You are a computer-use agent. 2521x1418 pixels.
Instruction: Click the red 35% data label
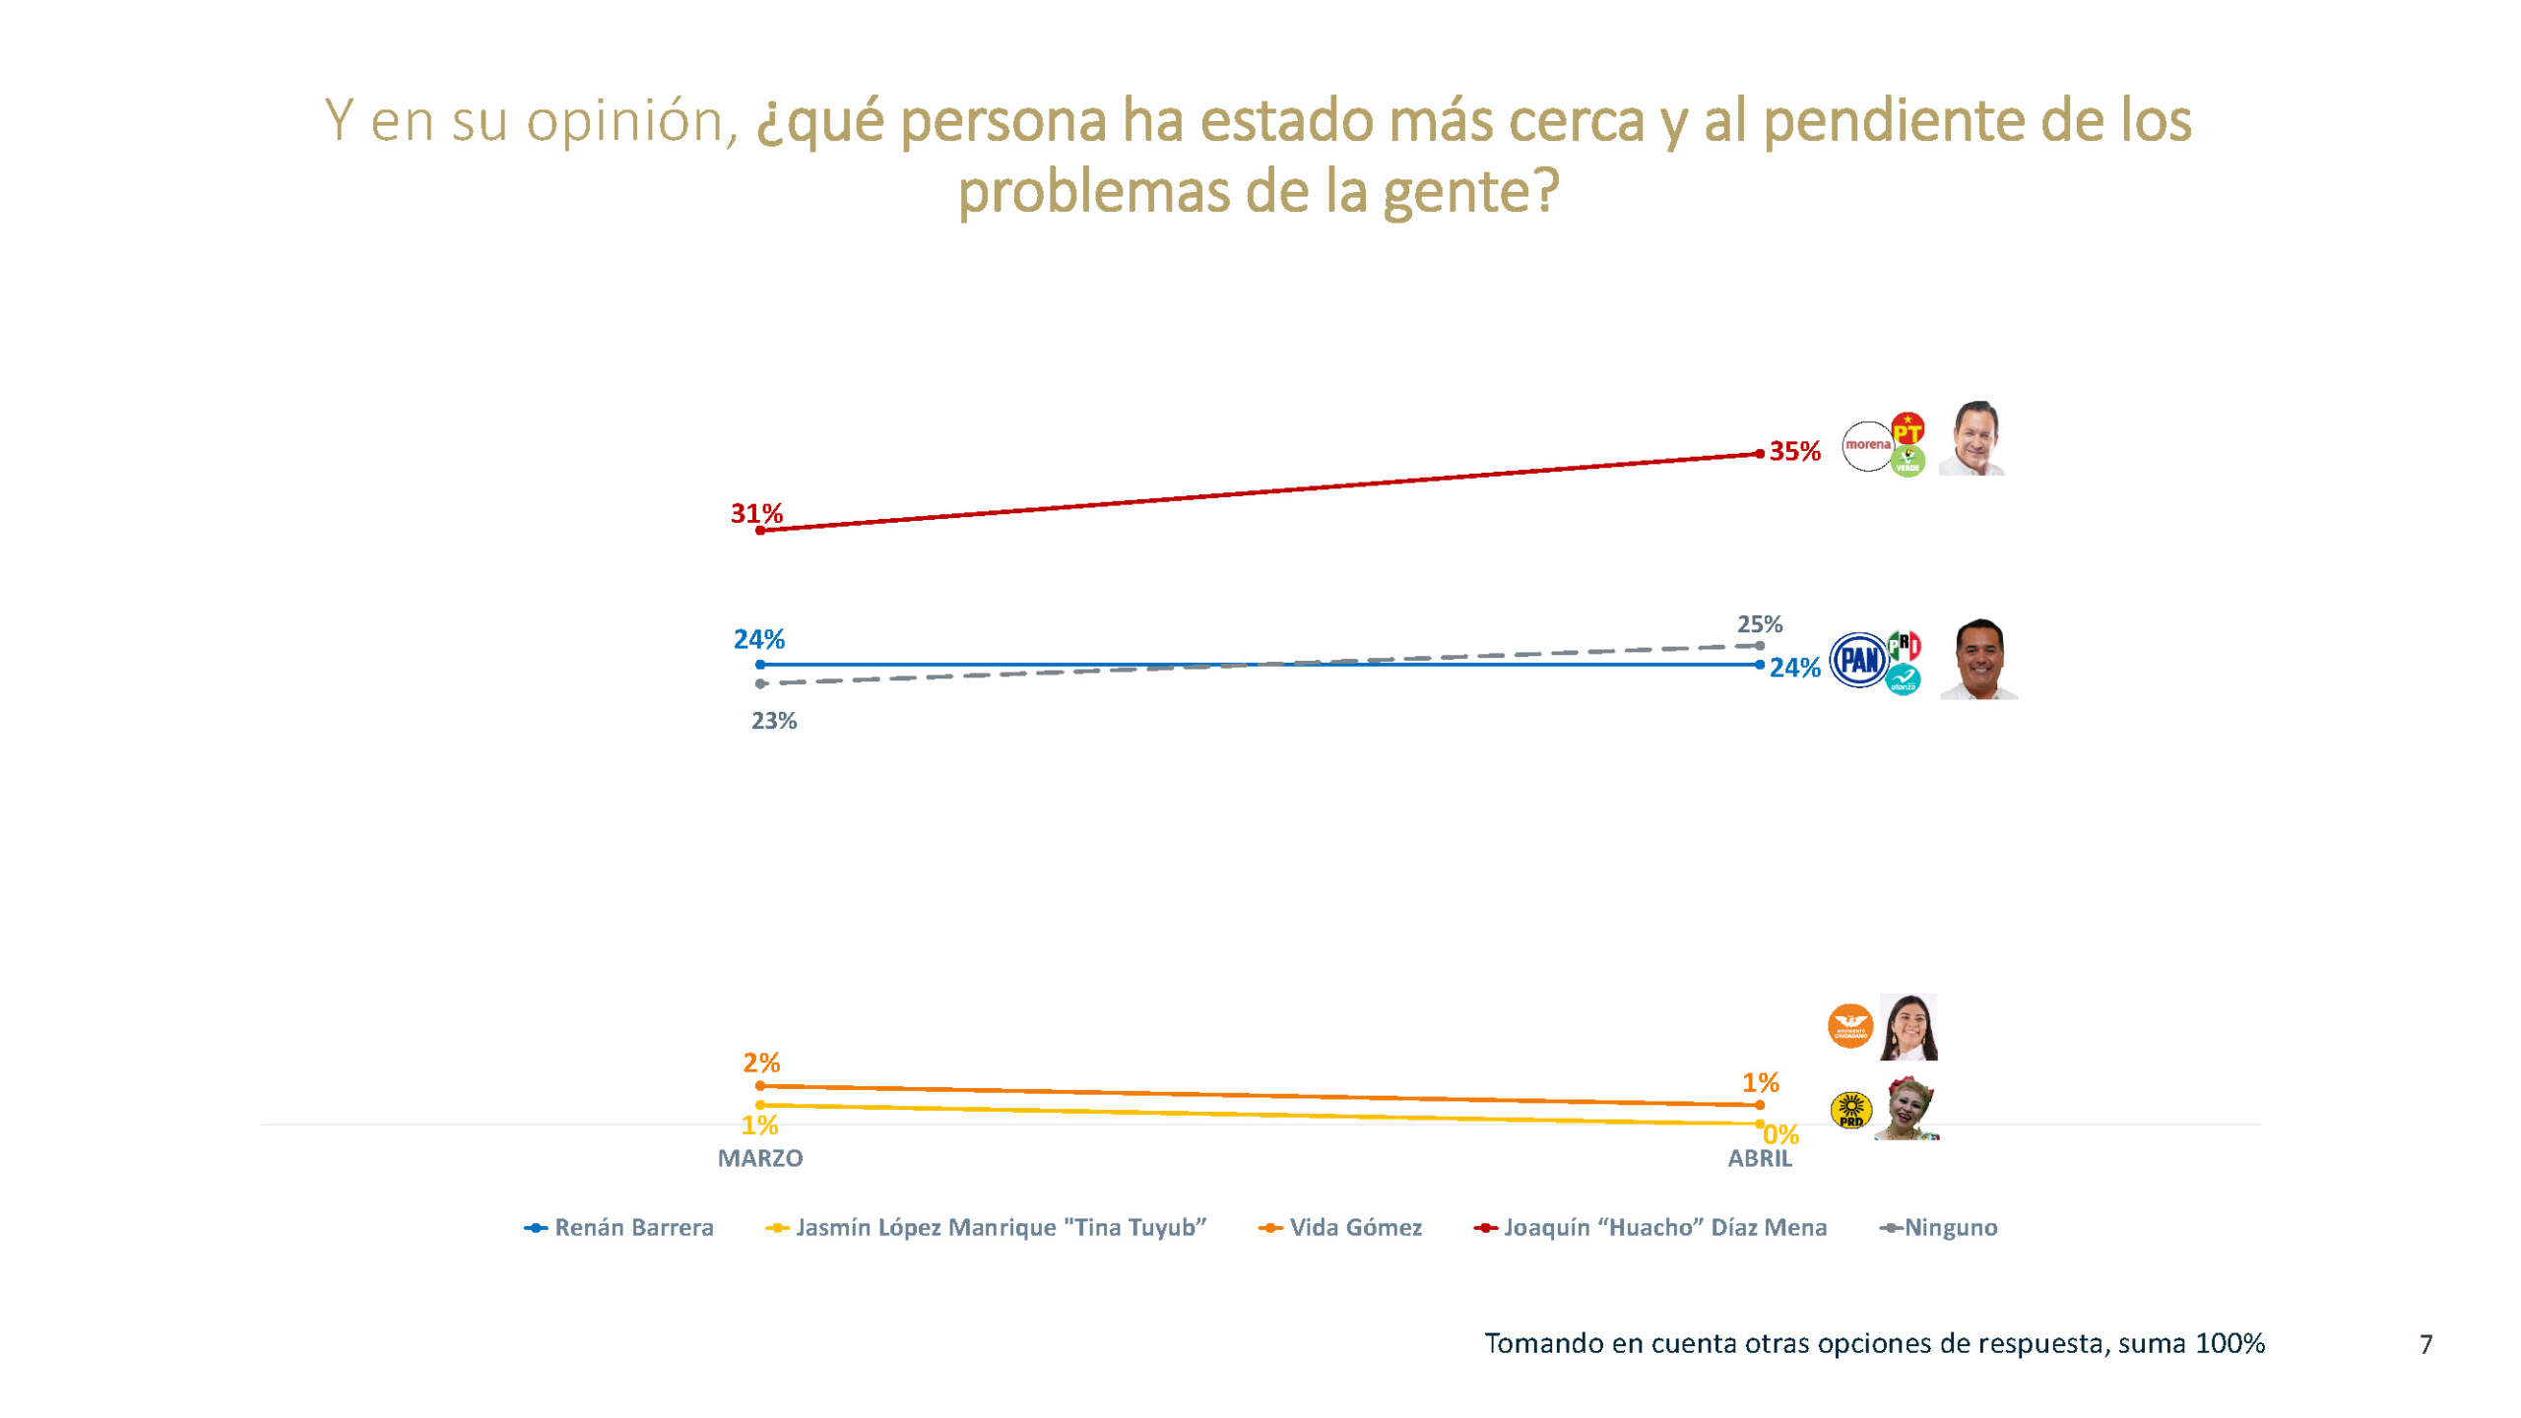(x=1794, y=451)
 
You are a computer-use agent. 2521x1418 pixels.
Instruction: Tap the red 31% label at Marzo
(x=756, y=513)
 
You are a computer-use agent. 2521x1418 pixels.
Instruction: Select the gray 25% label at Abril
(x=1759, y=624)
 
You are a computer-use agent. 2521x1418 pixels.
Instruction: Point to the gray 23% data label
(x=774, y=721)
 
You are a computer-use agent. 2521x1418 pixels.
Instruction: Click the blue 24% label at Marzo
(x=758, y=639)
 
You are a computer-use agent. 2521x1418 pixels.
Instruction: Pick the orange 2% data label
(x=761, y=1063)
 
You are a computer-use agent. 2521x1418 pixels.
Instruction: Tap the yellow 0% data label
(x=1780, y=1135)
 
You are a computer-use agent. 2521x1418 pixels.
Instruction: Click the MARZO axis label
(x=759, y=1158)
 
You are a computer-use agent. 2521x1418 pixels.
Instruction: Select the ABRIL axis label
(x=1759, y=1158)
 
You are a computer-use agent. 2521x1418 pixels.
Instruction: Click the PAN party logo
(x=1858, y=660)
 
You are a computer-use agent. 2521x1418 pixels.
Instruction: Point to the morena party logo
(x=1867, y=446)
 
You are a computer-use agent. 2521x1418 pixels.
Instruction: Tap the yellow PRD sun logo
(x=1850, y=1110)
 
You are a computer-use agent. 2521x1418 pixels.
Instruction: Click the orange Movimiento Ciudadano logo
(x=1849, y=1026)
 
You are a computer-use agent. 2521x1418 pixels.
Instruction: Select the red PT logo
(x=1907, y=429)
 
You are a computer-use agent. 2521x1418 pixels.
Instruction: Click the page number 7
(x=2425, y=1344)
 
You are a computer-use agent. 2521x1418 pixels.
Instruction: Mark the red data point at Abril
(x=1759, y=454)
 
